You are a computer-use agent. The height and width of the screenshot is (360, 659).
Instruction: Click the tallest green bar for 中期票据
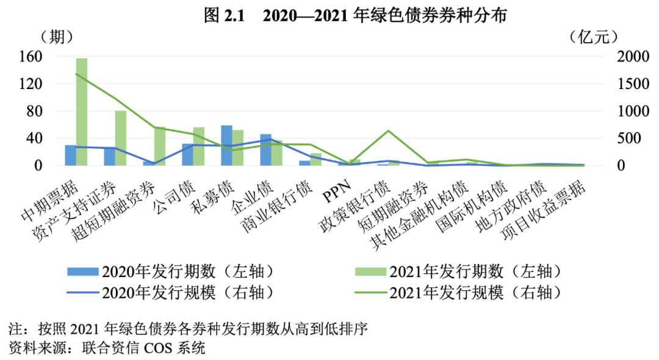click(x=81, y=112)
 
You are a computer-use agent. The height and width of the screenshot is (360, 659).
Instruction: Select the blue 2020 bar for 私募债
click(x=226, y=145)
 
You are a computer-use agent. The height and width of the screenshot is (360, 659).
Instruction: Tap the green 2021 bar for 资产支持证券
click(x=121, y=138)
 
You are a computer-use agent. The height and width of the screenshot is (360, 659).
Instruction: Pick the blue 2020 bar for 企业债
click(x=265, y=149)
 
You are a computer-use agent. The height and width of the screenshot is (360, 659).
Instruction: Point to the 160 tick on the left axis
click(x=30, y=57)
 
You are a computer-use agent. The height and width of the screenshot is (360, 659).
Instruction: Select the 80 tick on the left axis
click(x=34, y=111)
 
